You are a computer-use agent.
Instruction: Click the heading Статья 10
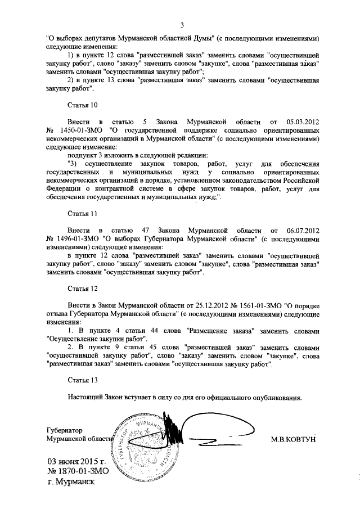click(x=83, y=105)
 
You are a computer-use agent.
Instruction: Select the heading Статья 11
click(x=83, y=215)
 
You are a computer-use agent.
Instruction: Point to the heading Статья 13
click(x=83, y=380)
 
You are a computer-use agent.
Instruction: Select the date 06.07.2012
click(x=303, y=231)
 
